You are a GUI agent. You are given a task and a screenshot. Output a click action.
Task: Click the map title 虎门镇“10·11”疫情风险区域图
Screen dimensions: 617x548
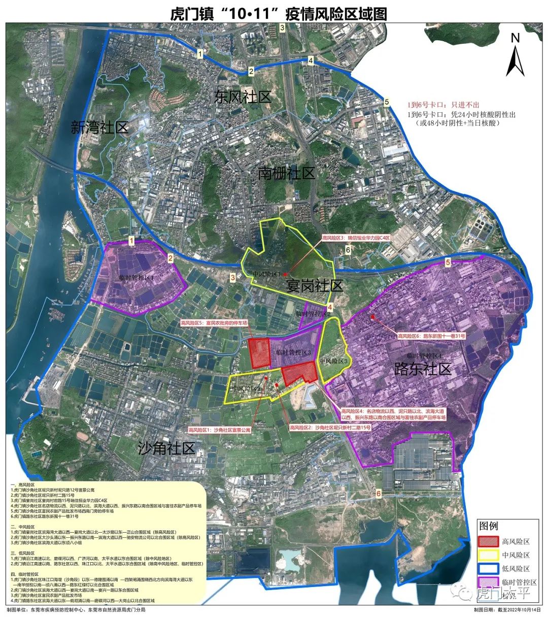(x=278, y=14)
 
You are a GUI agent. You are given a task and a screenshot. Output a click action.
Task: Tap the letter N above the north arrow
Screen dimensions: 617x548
(x=516, y=38)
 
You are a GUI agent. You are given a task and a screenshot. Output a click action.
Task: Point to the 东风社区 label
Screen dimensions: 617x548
(x=243, y=97)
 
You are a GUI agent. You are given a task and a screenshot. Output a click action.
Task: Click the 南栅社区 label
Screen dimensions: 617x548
(x=286, y=173)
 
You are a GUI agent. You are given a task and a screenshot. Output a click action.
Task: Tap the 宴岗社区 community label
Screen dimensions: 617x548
(x=315, y=285)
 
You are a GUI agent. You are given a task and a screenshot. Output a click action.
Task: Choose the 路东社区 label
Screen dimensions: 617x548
(x=423, y=369)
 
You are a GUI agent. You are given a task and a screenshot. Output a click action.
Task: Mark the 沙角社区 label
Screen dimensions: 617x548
(x=166, y=448)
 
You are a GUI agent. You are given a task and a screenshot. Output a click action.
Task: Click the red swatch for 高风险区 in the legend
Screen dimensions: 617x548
(x=488, y=542)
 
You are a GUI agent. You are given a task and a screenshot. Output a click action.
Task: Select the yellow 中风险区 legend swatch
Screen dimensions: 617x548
(x=488, y=555)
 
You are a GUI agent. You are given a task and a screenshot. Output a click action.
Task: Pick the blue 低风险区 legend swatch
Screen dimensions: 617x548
(x=488, y=569)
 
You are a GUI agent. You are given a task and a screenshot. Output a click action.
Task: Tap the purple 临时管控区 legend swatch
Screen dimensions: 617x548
(x=488, y=582)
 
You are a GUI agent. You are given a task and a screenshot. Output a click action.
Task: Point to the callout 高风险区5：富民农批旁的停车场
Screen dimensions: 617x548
(x=214, y=322)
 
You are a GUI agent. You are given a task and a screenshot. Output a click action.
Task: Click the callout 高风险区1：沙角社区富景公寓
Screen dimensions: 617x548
(x=219, y=430)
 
